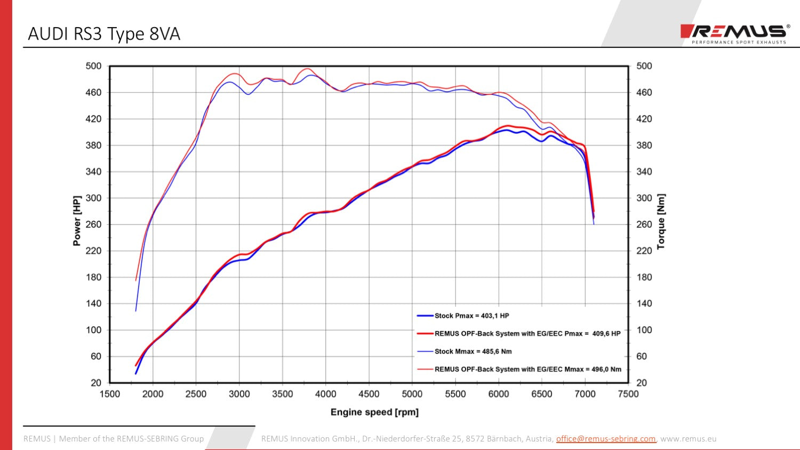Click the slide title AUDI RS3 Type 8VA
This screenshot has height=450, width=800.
pyautogui.click(x=104, y=34)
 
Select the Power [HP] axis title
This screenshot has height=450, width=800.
pyautogui.click(x=77, y=220)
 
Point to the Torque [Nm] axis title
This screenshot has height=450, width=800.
pyautogui.click(x=661, y=221)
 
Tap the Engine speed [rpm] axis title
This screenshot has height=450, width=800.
pyautogui.click(x=374, y=412)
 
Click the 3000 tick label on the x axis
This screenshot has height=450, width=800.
pyautogui.click(x=239, y=394)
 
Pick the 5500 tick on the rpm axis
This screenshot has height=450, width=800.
pyautogui.click(x=455, y=394)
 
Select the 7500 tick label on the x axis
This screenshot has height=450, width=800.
pyautogui.click(x=628, y=394)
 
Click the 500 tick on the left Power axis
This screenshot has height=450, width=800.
pyautogui.click(x=93, y=66)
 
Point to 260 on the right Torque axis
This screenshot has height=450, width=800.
pyautogui.click(x=644, y=224)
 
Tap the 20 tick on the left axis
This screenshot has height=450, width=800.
pyautogui.click(x=96, y=383)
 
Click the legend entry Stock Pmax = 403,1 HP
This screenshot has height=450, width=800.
pyautogui.click(x=471, y=316)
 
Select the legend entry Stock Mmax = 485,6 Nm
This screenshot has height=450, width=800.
pyautogui.click(x=473, y=351)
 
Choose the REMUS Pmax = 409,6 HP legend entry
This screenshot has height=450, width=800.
pyautogui.click(x=527, y=334)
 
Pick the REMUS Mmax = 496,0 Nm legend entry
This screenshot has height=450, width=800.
pyautogui.click(x=527, y=369)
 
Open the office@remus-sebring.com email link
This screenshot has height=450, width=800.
pyautogui.click(x=605, y=439)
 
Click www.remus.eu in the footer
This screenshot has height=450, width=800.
pyautogui.click(x=688, y=439)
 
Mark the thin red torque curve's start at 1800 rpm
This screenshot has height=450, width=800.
pyautogui.click(x=136, y=280)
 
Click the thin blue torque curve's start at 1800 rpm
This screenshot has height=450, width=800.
pyautogui.click(x=136, y=310)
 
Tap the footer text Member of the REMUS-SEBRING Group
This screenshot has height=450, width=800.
pyautogui.click(x=131, y=439)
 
